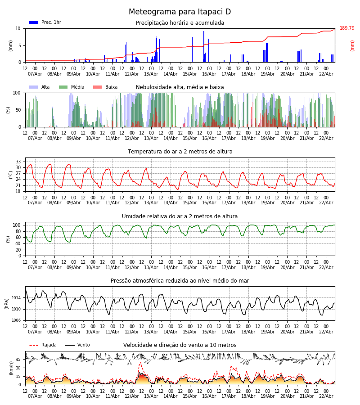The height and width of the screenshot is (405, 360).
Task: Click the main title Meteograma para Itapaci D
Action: [x=180, y=12]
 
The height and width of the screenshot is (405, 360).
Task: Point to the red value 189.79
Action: [x=347, y=28]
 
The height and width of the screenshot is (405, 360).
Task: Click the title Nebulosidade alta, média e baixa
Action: [x=180, y=87]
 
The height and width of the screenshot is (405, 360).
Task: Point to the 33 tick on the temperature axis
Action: [x=18, y=162]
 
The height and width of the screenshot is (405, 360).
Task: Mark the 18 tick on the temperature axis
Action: [x=18, y=191]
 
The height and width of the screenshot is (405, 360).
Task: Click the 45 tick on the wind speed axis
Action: [x=18, y=360]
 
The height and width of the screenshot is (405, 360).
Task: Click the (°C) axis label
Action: [x=11, y=175]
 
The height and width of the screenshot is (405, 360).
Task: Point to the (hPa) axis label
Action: [x=7, y=303]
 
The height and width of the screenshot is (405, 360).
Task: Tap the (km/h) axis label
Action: [x=11, y=368]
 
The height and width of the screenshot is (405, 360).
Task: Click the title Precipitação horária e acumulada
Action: [x=180, y=23]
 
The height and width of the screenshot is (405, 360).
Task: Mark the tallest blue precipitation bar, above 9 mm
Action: [x=204, y=45]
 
